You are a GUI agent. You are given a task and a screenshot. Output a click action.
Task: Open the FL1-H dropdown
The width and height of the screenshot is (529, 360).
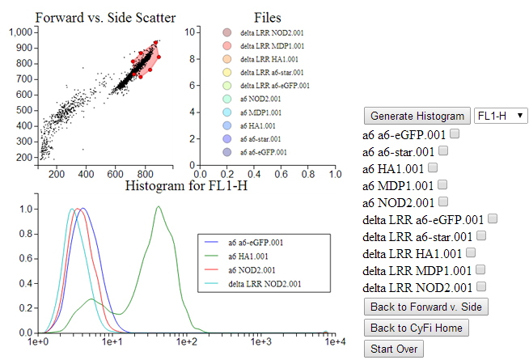point(500,116)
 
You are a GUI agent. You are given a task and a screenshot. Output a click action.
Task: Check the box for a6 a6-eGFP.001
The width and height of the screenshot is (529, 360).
point(455,133)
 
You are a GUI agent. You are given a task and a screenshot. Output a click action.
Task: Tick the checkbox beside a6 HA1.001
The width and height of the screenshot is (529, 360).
point(433,167)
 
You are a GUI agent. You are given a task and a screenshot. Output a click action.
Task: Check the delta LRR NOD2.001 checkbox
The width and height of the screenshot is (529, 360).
point(482,286)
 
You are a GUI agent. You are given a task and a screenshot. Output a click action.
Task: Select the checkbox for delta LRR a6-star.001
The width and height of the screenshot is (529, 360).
point(482,235)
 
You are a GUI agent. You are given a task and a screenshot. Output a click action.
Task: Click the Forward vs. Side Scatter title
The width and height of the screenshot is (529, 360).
point(106,17)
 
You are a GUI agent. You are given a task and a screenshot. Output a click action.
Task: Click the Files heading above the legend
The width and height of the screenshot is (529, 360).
point(268,17)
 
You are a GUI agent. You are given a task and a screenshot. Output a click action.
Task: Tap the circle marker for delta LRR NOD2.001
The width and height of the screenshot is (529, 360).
point(227,32)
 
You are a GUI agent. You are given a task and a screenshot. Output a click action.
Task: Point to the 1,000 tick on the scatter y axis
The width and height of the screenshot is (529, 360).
point(21,32)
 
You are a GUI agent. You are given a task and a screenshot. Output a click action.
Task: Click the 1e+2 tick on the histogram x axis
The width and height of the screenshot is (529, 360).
point(187,343)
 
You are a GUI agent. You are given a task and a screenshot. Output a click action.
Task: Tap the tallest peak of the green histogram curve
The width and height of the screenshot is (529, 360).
point(159,207)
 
